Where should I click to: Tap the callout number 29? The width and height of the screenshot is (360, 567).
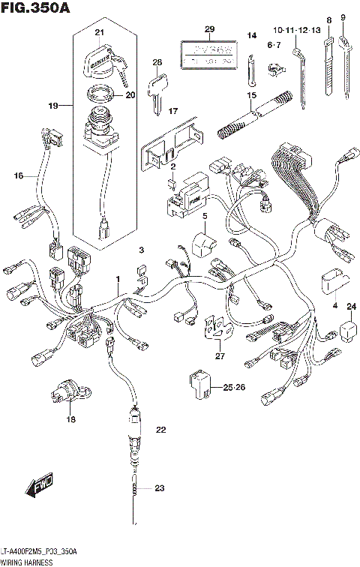pyautogui.click(x=209, y=29)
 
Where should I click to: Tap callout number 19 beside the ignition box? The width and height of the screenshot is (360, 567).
pyautogui.click(x=53, y=106)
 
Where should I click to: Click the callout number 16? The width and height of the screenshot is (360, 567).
pyautogui.click(x=18, y=175)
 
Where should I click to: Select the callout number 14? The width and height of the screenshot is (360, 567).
pyautogui.click(x=252, y=35)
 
